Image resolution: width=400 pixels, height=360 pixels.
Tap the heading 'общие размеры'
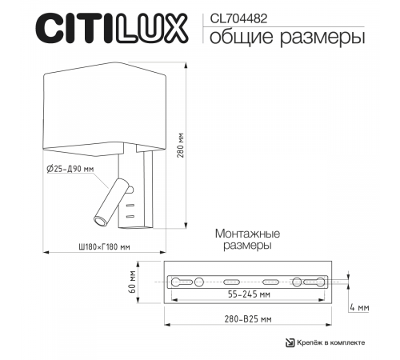click(281, 37)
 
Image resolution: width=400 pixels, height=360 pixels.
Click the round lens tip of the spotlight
click(99, 219)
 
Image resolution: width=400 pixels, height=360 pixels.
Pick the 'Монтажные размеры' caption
click(247, 240)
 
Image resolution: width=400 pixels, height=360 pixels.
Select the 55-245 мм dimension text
click(248, 295)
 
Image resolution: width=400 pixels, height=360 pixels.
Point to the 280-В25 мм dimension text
click(248, 319)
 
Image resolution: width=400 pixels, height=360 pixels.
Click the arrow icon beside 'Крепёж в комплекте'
click(290, 342)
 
